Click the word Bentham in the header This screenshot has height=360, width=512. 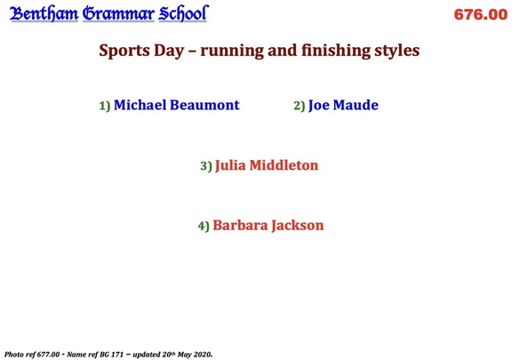tap(44, 13)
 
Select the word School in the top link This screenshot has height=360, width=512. tap(182, 13)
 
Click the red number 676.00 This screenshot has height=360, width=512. tap(480, 15)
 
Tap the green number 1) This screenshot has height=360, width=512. tap(104, 106)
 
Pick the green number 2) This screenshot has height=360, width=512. tap(299, 106)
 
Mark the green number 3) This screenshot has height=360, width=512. tap(205, 166)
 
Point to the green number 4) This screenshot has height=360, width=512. tap(203, 227)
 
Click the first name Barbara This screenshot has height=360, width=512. tap(240, 226)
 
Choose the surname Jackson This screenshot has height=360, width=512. tap(298, 226)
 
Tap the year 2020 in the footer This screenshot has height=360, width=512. tap(200, 354)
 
